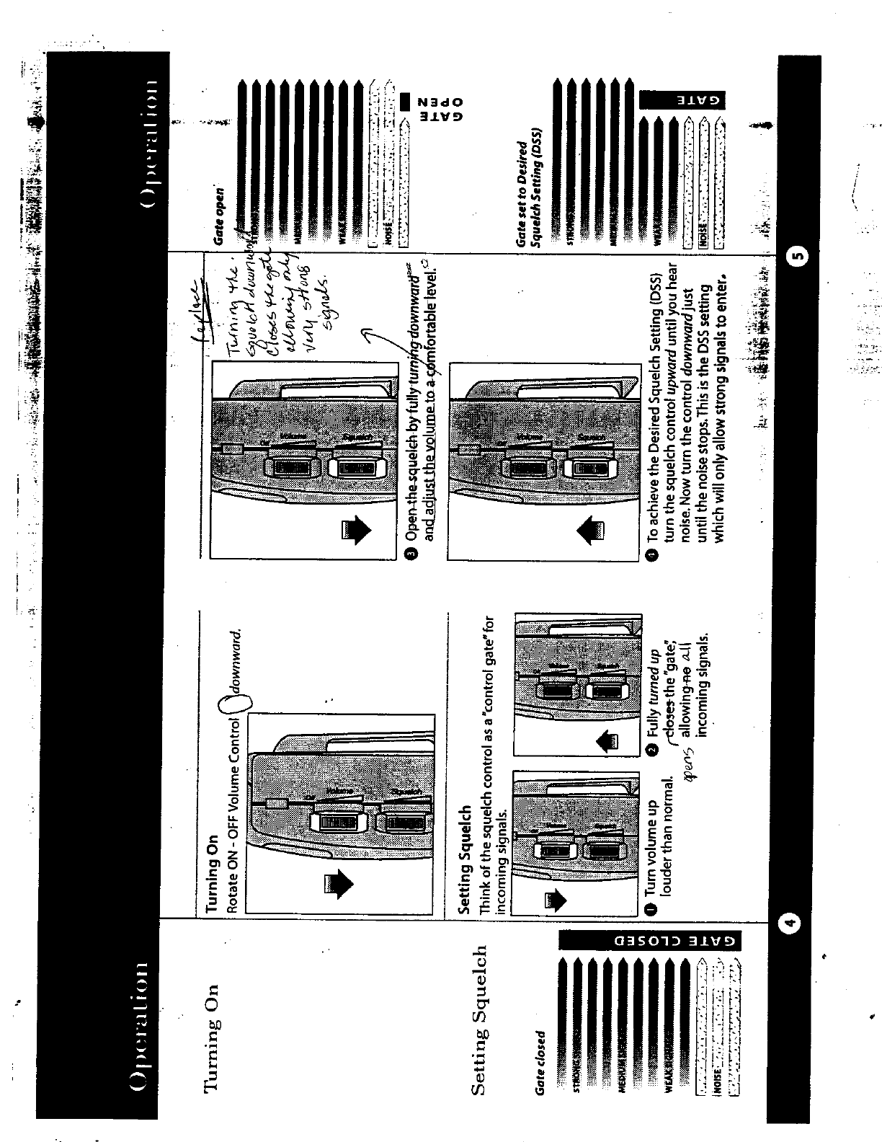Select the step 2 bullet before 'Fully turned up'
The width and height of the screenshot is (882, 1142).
pos(651,750)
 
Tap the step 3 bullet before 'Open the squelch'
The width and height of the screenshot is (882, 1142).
pos(411,554)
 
